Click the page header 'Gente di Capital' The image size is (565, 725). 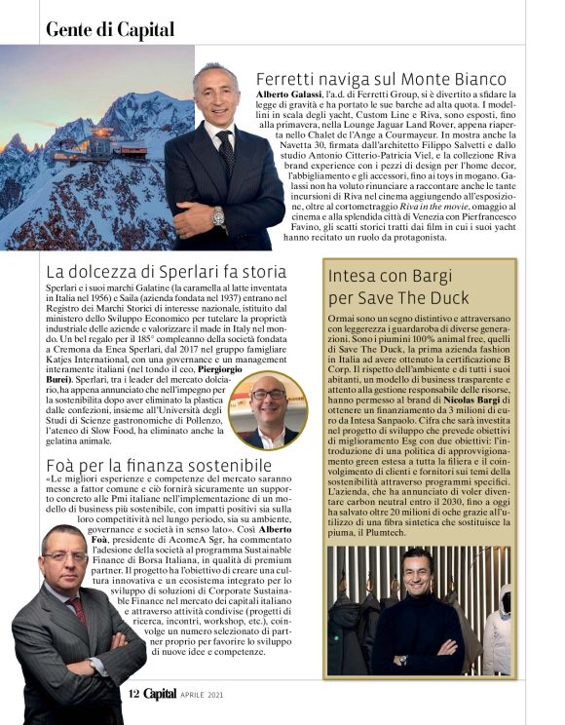tap(110, 29)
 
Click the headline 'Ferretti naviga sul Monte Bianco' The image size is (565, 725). tap(381, 78)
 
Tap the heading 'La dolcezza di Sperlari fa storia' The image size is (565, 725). tap(167, 271)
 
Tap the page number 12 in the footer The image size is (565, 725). tap(135, 693)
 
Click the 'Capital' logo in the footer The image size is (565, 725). tap(162, 693)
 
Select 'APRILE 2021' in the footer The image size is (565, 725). tap(205, 694)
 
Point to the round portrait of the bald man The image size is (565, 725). tap(267, 408)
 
